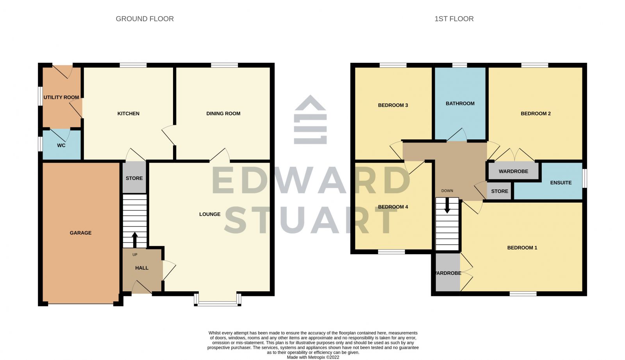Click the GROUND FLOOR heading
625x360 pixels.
point(145,19)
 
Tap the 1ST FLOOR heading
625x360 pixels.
point(454,19)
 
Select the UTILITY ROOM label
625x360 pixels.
point(61,97)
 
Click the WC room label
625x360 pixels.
point(61,145)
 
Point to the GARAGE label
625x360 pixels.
point(80,233)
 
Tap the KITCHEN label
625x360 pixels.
point(129,114)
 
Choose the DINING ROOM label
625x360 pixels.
point(223,114)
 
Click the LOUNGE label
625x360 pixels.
point(210,214)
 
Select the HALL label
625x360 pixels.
point(142,268)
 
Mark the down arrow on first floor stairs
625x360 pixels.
point(447,206)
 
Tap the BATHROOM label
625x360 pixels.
point(460,103)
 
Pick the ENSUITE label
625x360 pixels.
point(561,182)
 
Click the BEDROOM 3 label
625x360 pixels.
point(393,105)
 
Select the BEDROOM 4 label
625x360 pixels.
point(393,207)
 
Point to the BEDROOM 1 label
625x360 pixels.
point(522,248)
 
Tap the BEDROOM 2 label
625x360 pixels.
point(536,114)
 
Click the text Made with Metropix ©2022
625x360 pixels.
point(313,357)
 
